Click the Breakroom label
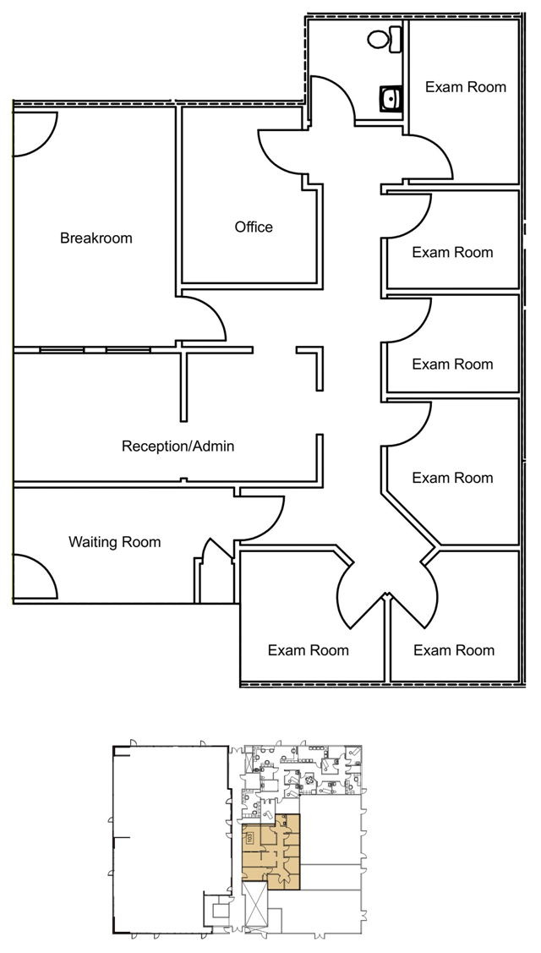(96, 238)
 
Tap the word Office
(254, 227)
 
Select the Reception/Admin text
(178, 446)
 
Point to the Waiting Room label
(114, 542)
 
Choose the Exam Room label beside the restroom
(465, 87)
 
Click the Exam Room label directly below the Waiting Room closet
(309, 650)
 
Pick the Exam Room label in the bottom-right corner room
(454, 650)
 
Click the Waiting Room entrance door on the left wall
(34, 576)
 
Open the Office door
(279, 152)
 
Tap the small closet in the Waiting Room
(215, 575)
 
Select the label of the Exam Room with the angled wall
(452, 479)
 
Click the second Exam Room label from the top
(452, 252)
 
